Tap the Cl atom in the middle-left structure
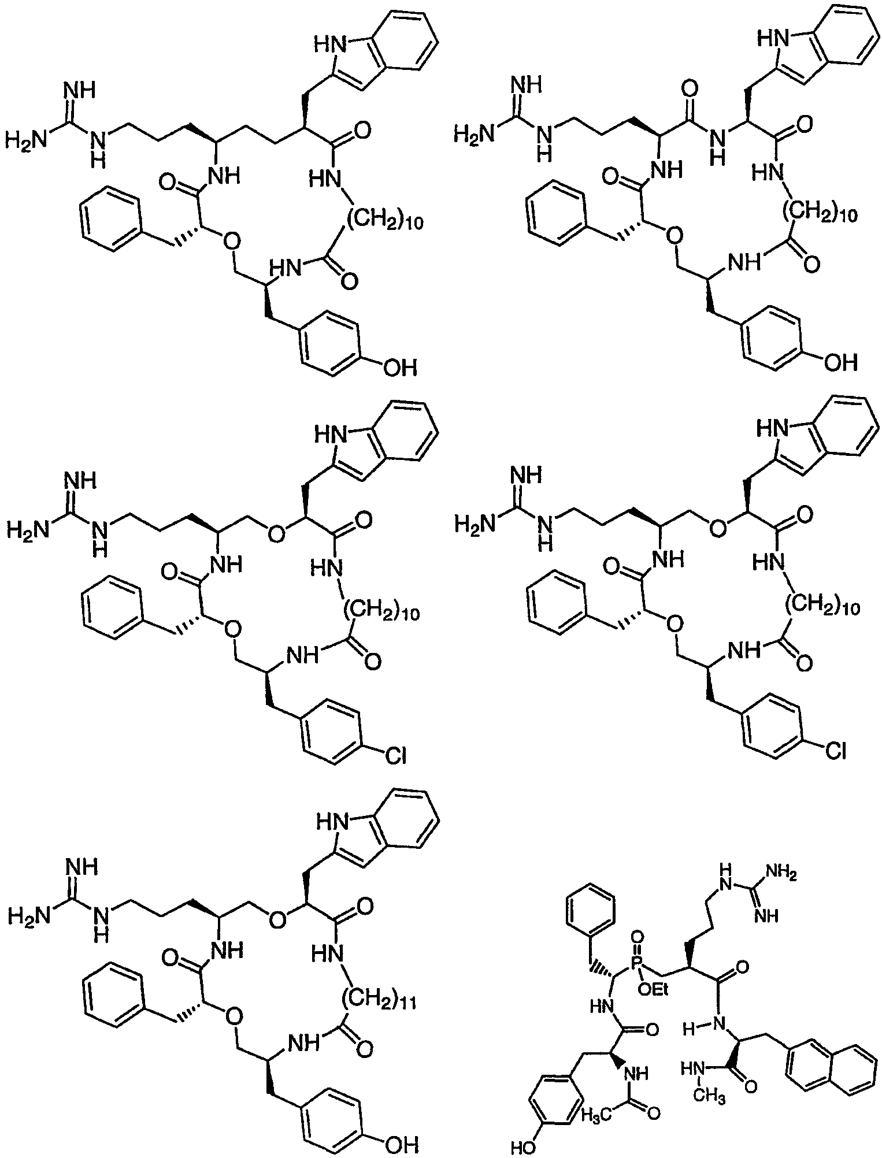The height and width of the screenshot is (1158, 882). pos(395,755)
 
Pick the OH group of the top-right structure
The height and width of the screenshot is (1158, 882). pos(840,362)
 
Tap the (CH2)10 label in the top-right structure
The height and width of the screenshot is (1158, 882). pos(823,216)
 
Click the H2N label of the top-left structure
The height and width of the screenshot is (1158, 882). pos(25,139)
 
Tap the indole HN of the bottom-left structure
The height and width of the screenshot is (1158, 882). pos(328,819)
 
